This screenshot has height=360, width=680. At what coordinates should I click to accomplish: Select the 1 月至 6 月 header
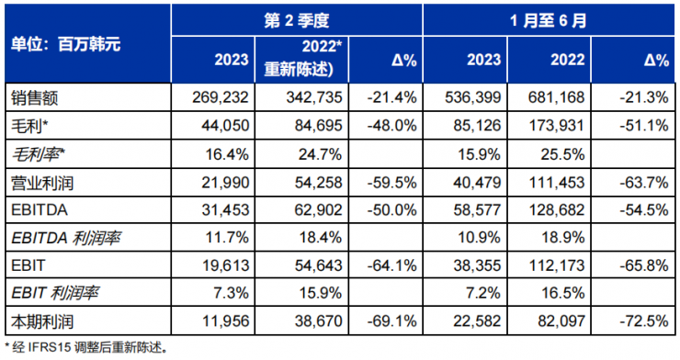(548, 18)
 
